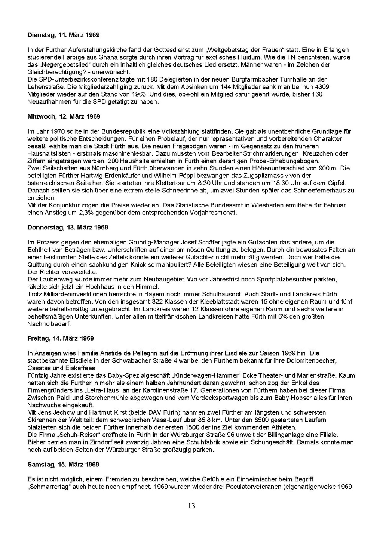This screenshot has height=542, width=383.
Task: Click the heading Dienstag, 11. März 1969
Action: click(x=64, y=35)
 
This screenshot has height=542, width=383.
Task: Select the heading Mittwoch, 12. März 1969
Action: click(x=64, y=116)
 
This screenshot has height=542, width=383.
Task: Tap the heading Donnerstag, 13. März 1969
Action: click(x=68, y=228)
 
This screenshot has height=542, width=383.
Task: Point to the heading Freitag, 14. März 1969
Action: click(x=61, y=338)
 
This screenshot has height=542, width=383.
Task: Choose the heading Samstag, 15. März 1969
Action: click(x=64, y=465)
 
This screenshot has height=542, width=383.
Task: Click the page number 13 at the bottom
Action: click(x=191, y=506)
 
